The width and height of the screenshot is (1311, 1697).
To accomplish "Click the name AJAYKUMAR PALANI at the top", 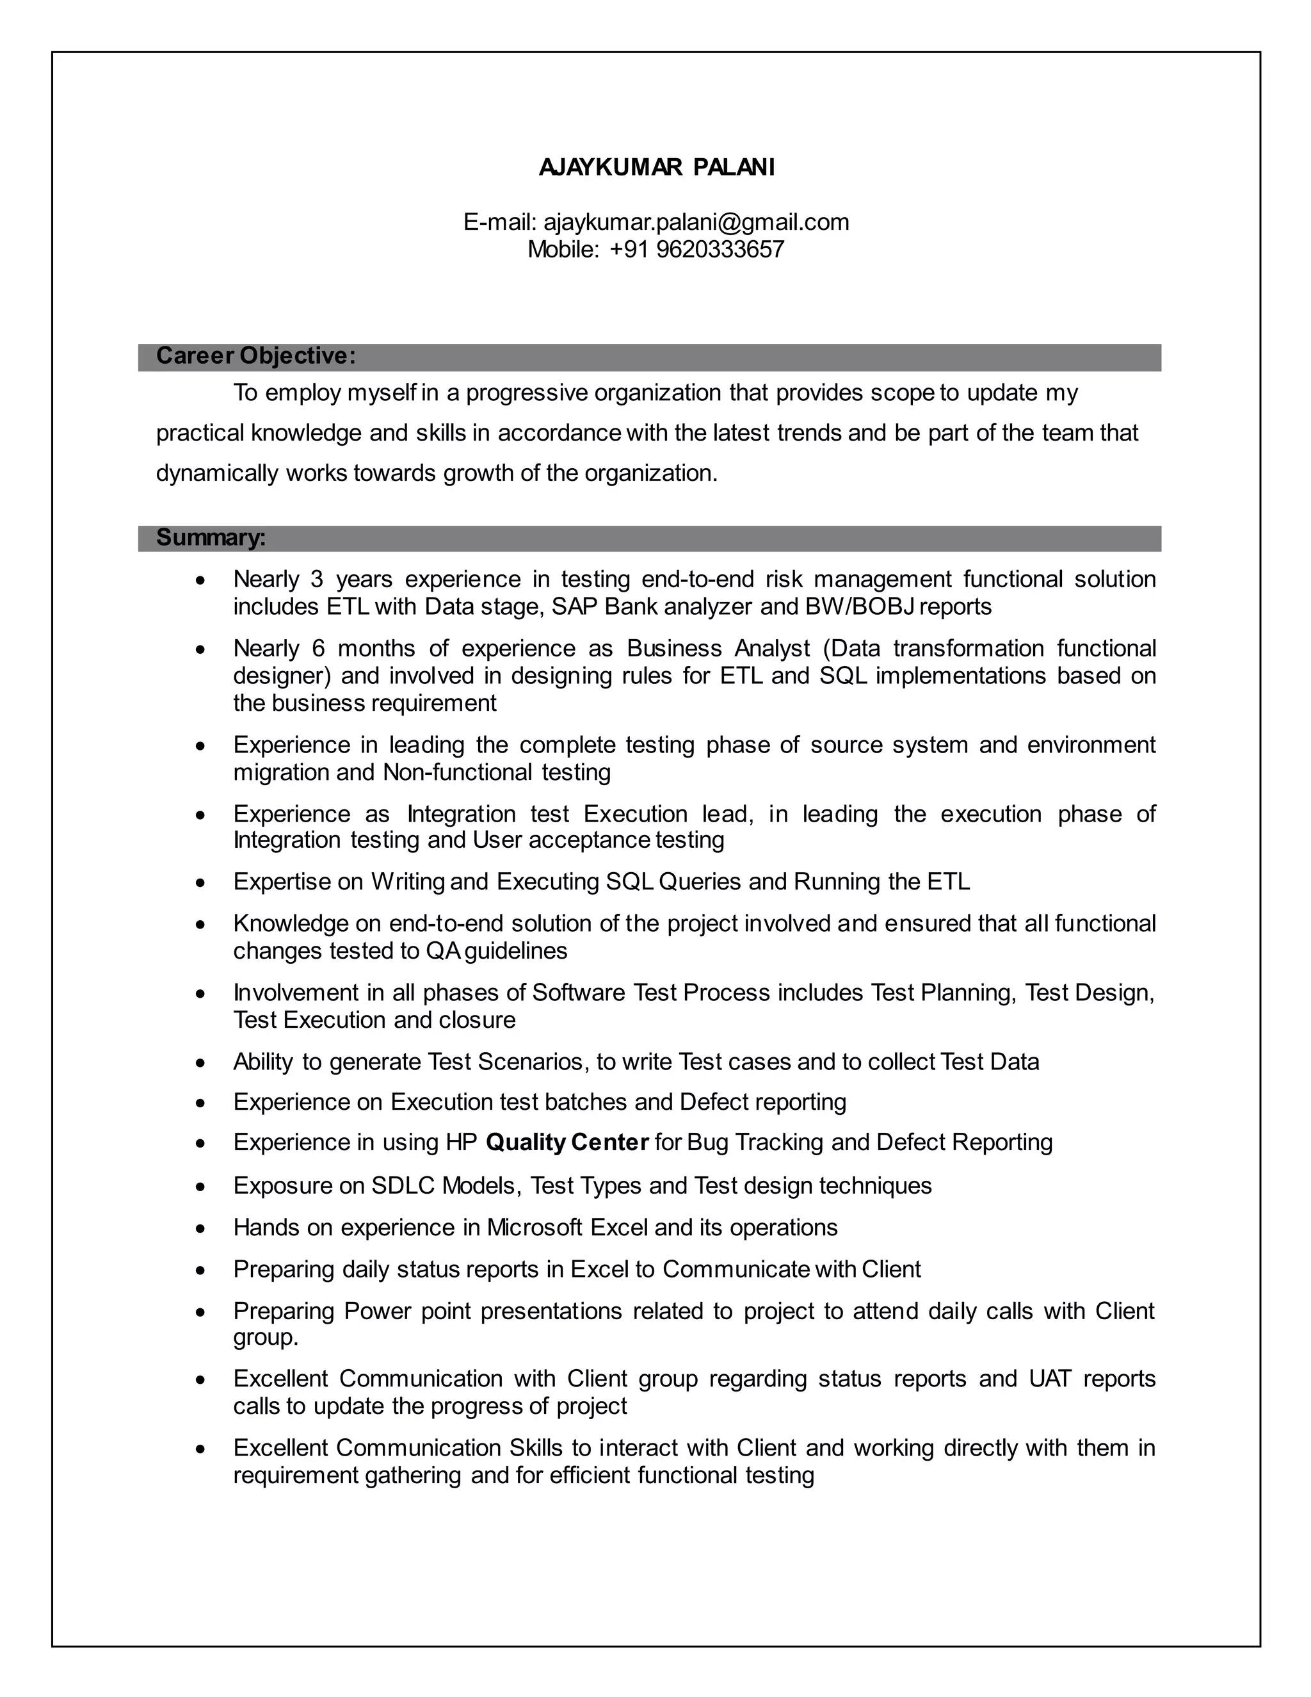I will tap(656, 168).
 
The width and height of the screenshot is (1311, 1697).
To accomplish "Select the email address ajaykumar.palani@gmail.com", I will tap(696, 222).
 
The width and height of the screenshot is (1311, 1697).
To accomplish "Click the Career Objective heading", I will tap(255, 356).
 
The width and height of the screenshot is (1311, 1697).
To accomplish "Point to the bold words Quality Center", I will tap(567, 1142).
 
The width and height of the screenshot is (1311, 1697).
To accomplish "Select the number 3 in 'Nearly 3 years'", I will tap(316, 580).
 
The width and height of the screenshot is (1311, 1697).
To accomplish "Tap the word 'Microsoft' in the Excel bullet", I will tap(535, 1228).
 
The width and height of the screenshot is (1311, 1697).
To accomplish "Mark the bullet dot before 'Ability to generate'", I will tap(201, 1063).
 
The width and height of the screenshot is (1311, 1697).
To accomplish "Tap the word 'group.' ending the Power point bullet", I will tap(266, 1337).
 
